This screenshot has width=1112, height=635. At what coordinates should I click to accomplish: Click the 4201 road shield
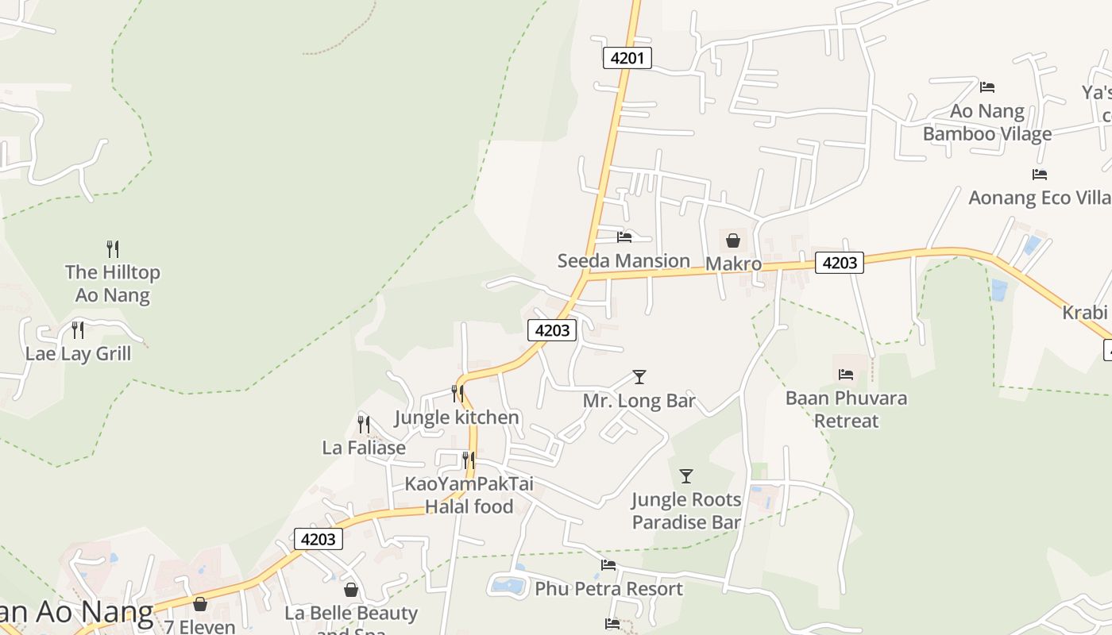coord(627,58)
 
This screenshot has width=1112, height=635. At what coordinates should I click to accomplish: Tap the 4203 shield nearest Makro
coord(839,263)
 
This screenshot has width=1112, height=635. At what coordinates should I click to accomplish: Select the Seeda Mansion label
coord(624,260)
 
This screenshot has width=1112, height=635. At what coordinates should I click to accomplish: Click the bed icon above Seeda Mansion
coord(624,237)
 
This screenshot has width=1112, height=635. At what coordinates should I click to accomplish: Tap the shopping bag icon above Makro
coord(733,240)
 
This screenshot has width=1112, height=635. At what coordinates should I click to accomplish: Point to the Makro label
coord(733,264)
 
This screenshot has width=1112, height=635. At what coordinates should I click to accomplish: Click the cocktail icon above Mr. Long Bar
coord(639,376)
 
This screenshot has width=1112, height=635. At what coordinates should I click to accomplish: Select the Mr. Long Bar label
coord(639,401)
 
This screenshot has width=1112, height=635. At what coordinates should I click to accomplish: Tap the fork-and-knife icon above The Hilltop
coord(113,248)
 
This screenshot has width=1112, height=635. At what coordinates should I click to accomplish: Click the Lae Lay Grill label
coord(78,353)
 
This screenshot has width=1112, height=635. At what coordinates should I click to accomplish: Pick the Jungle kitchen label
coord(457,418)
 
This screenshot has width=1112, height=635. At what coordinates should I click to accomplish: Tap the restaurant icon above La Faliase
coord(364,424)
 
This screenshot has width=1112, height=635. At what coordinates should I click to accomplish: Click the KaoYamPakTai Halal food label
coord(469,495)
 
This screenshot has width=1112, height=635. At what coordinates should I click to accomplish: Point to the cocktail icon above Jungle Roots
coord(686,476)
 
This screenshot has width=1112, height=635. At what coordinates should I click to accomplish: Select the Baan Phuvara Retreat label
coord(846,409)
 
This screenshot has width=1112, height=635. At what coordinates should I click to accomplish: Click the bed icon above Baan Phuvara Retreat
coord(846,374)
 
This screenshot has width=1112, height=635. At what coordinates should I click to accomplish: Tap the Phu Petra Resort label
coord(608,589)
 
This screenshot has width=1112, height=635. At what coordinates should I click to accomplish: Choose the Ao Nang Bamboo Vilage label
coord(987,122)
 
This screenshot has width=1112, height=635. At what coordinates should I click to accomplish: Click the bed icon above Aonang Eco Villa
coord(1039,175)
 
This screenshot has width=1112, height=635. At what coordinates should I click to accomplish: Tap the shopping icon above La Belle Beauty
coord(351,590)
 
